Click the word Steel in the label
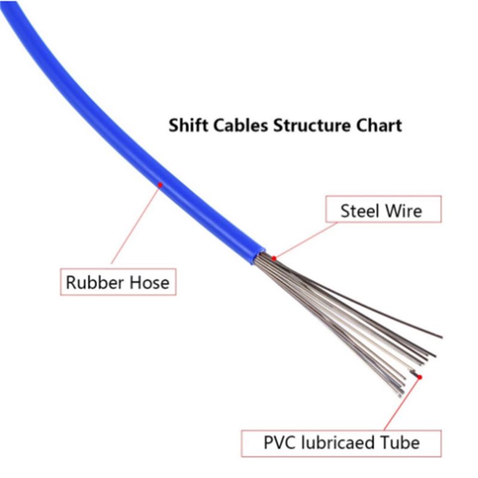(360, 211)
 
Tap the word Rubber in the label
(95, 282)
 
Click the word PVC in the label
(280, 443)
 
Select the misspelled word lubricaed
(338, 443)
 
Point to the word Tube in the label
(400, 443)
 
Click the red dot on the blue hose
(160, 185)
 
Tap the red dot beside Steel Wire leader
(274, 259)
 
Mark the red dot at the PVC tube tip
(420, 378)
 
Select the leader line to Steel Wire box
(306, 240)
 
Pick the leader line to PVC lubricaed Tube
(402, 404)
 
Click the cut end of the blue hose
(258, 256)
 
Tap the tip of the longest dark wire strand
(442, 337)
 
